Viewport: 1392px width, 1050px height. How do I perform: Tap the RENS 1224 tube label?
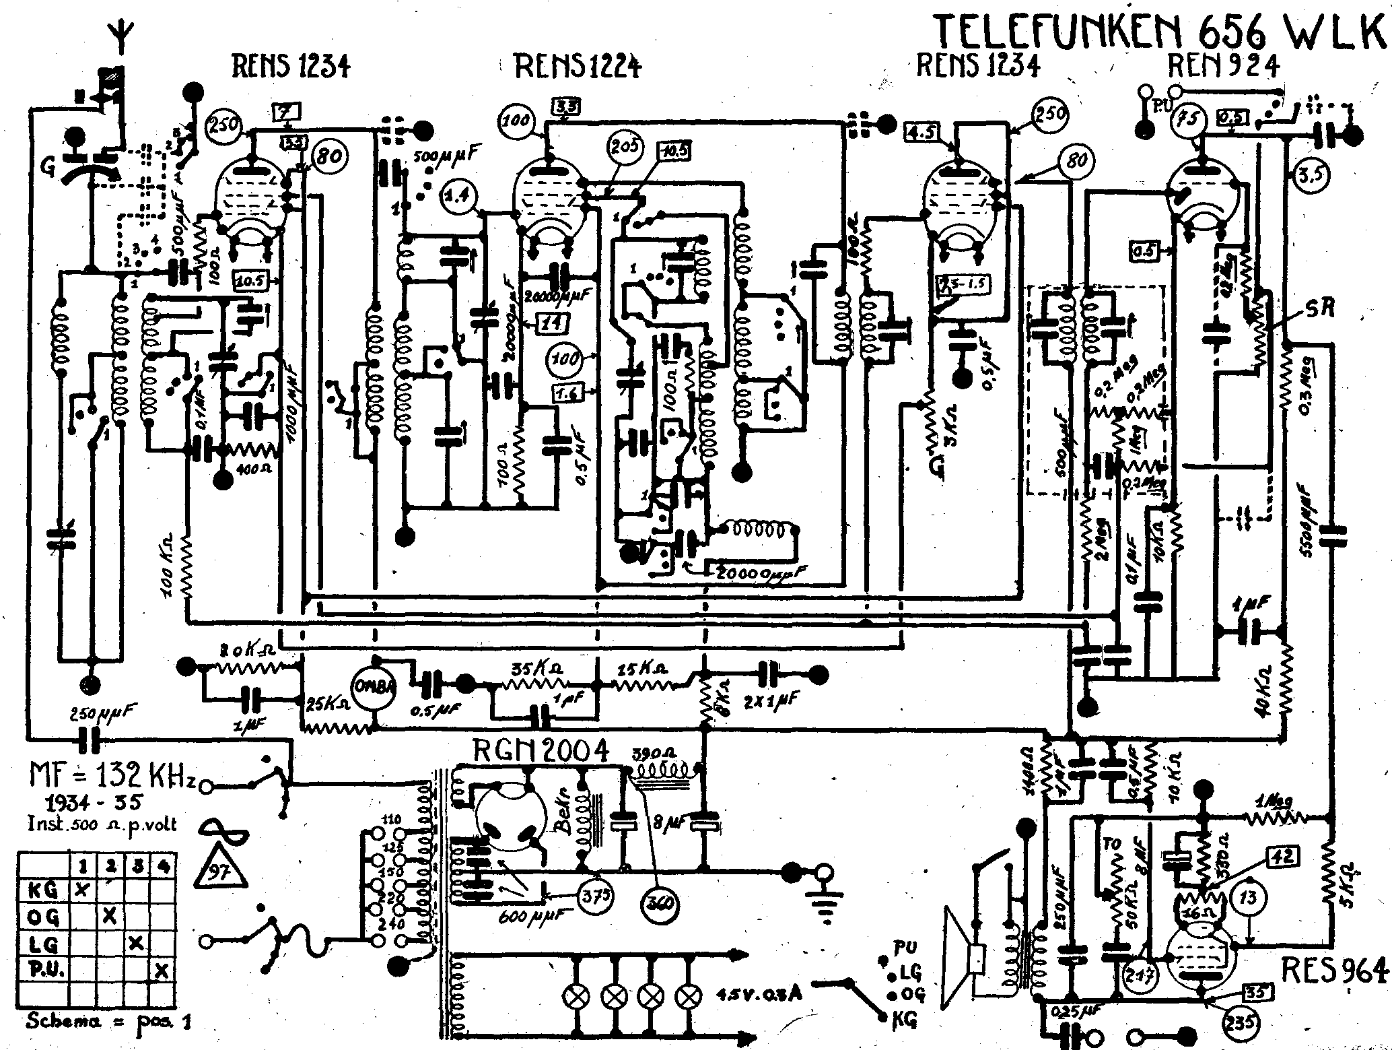578,67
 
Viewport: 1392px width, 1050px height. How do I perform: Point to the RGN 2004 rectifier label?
541,750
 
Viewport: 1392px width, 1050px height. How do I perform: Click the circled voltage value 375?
595,895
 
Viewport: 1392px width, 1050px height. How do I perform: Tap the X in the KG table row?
81,890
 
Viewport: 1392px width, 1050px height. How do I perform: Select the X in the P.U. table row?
161,971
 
